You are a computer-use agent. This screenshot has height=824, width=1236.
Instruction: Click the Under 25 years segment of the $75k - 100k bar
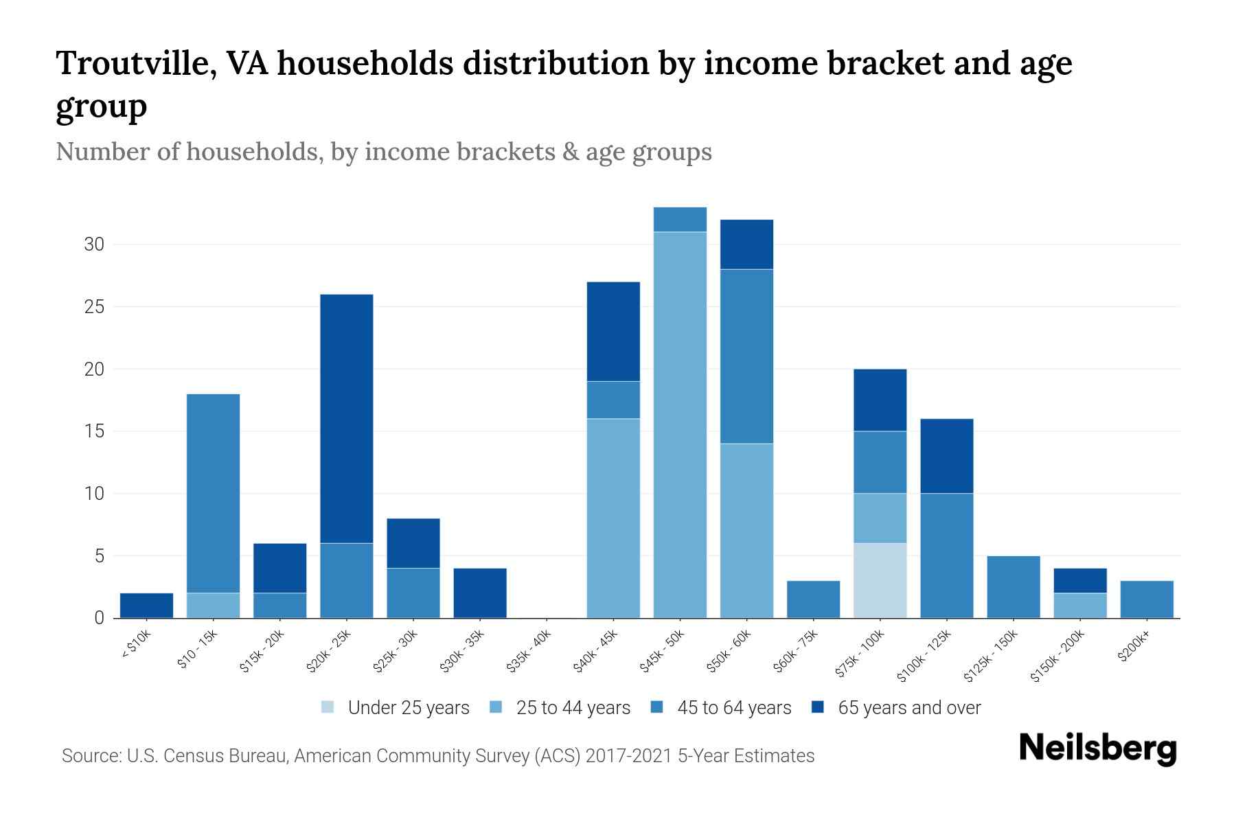point(880,580)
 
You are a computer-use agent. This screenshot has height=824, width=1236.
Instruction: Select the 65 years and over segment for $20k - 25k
point(347,419)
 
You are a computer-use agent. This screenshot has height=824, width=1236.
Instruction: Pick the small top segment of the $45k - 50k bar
point(680,220)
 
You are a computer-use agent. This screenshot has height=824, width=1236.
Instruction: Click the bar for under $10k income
point(146,606)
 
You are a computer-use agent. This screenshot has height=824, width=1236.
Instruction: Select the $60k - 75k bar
point(813,599)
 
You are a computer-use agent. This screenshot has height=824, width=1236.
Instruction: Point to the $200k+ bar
point(1146,599)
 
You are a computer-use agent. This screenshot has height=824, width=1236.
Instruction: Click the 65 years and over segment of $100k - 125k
point(946,456)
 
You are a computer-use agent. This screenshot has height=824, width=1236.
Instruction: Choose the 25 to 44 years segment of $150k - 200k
point(1079,606)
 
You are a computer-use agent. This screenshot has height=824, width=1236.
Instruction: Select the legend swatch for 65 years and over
point(818,707)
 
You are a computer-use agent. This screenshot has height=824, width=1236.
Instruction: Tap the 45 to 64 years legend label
point(733,708)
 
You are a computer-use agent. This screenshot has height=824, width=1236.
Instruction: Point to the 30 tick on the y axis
point(94,244)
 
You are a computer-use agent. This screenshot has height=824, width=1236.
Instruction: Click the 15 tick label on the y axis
point(94,431)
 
